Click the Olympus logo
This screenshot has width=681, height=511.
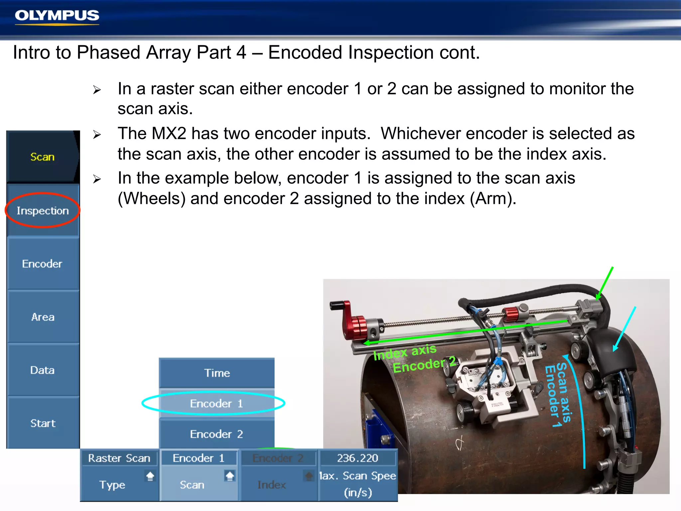[x=57, y=16]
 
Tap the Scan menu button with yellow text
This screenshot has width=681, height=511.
[x=43, y=157]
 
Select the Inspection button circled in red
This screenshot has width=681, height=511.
[x=43, y=211]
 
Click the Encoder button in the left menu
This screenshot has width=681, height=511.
[x=42, y=264]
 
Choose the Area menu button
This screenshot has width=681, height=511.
[x=43, y=317]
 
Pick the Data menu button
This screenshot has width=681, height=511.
[x=42, y=370]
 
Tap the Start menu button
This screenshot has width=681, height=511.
[x=43, y=424]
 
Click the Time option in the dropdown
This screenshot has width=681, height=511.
[x=217, y=373]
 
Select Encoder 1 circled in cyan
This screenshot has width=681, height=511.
[x=216, y=404]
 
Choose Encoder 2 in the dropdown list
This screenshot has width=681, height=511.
[x=216, y=434]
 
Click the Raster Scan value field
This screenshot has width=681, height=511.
[x=119, y=458]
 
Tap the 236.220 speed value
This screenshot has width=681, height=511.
[x=357, y=458]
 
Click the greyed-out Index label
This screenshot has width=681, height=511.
[x=272, y=485]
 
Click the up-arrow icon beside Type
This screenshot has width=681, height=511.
[x=150, y=476]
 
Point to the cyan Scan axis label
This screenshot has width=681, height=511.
[x=564, y=393]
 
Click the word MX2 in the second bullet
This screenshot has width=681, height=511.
[x=169, y=134]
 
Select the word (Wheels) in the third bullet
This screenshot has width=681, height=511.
[x=152, y=199]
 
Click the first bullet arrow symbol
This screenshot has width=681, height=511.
[x=97, y=90]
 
